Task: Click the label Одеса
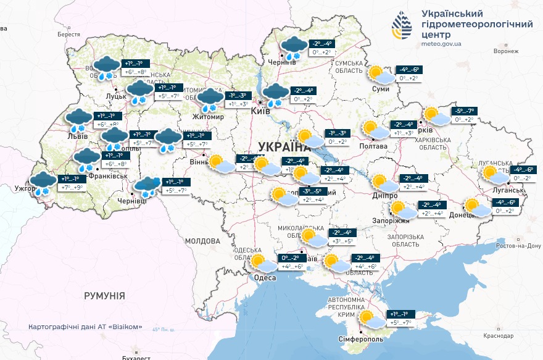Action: [x=265, y=278]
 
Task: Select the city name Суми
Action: [x=381, y=89]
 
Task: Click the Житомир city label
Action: [x=208, y=115]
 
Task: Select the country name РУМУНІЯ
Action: [x=104, y=296]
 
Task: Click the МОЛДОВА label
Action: [x=202, y=240]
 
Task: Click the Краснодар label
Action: [x=499, y=336]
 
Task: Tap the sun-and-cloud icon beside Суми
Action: [x=379, y=75]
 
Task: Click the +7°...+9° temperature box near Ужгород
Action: [x=71, y=187]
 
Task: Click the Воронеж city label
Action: [x=497, y=51]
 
